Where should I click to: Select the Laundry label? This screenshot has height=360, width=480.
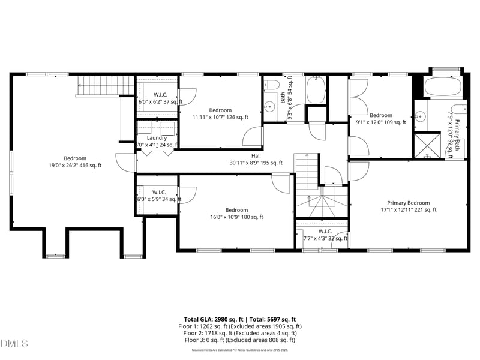pos(157,138)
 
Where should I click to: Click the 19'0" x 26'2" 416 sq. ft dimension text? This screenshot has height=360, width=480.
pos(75,165)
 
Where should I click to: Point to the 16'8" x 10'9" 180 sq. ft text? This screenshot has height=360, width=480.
pos(236,217)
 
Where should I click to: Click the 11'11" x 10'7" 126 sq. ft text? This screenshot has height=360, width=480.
pos(220,117)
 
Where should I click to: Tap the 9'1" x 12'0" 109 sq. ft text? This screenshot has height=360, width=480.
pos(380,122)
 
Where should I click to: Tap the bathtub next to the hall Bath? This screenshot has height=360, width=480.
pos(316,90)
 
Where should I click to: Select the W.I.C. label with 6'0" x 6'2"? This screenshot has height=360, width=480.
pos(160,95)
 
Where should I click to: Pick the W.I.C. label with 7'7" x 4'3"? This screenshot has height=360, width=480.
pos(325,231)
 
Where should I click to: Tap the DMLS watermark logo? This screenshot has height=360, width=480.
pos(14,344)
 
